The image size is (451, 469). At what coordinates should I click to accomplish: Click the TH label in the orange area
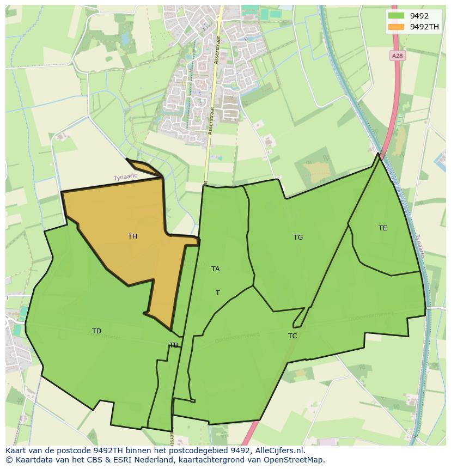pyautogui.click(x=132, y=236)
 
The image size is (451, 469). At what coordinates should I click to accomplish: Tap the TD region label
pyautogui.click(x=96, y=331)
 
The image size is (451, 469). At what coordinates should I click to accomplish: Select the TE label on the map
pyautogui.click(x=383, y=228)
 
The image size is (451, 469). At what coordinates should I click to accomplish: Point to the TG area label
pyautogui.click(x=298, y=237)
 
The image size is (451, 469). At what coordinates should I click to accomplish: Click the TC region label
pyautogui.click(x=292, y=336)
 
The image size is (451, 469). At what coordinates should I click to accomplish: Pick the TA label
pyautogui.click(x=216, y=269)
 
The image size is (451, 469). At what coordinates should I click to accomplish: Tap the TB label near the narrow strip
pyautogui.click(x=173, y=345)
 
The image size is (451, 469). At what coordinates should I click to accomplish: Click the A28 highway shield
pyautogui.click(x=398, y=56)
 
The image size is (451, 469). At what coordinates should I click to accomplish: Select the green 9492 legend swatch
pyautogui.click(x=397, y=16)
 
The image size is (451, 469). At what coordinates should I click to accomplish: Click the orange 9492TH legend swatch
pyautogui.click(x=397, y=27)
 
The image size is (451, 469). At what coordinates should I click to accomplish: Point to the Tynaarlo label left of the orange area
pyautogui.click(x=125, y=178)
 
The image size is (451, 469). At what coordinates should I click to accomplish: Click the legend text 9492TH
pyautogui.click(x=424, y=27)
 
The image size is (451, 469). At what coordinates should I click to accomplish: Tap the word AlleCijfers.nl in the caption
pyautogui.click(x=279, y=450)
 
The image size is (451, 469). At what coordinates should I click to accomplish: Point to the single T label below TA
pyautogui.click(x=218, y=293)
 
